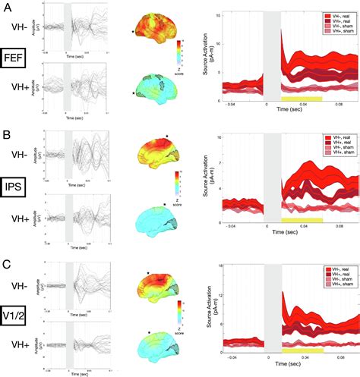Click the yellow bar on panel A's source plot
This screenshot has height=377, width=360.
point(302,99)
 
